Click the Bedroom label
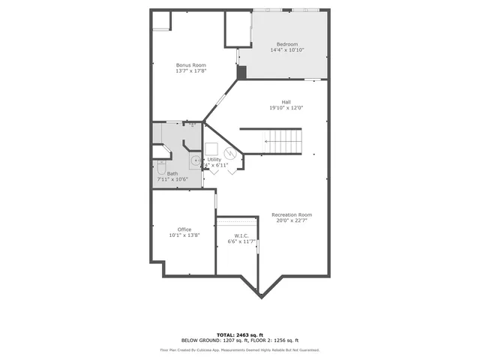286,44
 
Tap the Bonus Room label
190,65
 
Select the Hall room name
286,102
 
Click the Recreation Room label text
292,215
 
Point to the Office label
184,229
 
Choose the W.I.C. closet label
241,235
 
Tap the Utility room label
214,159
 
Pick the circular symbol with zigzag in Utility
231,154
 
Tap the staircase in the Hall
283,140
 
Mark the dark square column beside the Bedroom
241,72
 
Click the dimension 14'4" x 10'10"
286,50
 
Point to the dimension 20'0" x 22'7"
292,221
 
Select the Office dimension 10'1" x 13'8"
184,235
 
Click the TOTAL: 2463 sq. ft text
240,334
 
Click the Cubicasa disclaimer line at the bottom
240,350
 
